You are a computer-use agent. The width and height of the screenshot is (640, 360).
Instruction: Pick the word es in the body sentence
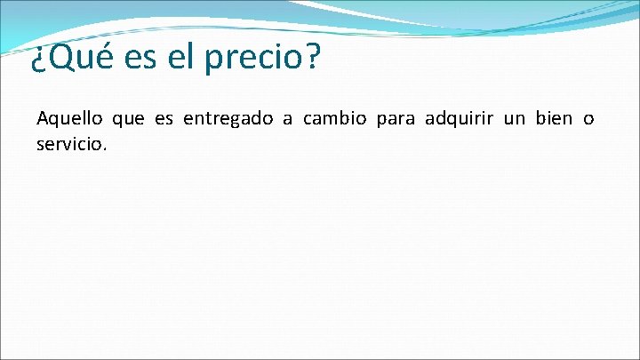165,120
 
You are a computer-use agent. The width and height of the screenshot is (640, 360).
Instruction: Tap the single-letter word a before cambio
288,120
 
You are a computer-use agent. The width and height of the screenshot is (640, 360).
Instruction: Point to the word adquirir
460,120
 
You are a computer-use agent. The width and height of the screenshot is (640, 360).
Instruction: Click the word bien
555,119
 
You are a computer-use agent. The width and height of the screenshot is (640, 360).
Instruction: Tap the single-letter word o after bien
588,120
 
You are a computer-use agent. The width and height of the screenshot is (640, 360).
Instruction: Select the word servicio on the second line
69,142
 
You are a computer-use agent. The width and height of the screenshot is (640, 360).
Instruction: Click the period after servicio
105,147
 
